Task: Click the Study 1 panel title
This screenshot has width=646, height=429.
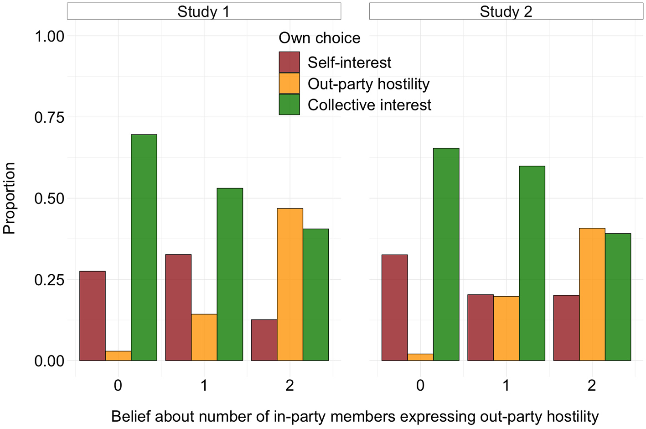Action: point(204,11)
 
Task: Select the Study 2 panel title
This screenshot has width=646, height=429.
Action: point(506,11)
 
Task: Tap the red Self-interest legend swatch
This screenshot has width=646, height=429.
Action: point(289,62)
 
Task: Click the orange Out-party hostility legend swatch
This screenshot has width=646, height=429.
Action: point(289,84)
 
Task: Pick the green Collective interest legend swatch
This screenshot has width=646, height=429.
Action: point(289,105)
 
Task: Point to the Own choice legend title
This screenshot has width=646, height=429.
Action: point(320,38)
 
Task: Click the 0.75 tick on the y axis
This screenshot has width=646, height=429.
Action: point(49,117)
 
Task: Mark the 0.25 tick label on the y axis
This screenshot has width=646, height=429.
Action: point(49,280)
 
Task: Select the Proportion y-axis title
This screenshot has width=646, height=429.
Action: point(9,198)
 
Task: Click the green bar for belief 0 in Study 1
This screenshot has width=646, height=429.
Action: point(144,248)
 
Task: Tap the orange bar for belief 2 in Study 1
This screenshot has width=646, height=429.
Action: point(290,285)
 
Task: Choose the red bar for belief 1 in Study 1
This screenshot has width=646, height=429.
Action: point(178,308)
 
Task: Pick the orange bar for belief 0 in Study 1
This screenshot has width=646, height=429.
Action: point(118,356)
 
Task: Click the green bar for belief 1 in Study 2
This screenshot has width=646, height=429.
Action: point(532,263)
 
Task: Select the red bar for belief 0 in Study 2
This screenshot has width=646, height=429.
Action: point(394,308)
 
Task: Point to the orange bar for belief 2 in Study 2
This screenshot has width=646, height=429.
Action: point(592,294)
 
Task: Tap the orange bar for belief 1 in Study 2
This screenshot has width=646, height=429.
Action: point(506,329)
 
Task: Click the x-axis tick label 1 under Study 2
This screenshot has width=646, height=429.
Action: point(506,385)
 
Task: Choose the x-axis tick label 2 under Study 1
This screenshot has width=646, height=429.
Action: point(290,385)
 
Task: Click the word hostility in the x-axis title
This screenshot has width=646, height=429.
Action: point(573,417)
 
